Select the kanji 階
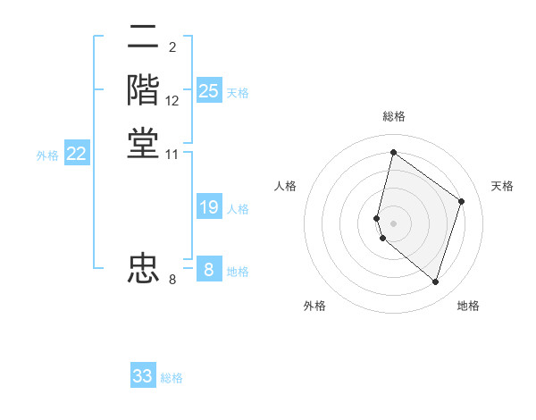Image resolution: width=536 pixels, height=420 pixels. [143, 92]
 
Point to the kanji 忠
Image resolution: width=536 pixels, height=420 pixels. [143, 268]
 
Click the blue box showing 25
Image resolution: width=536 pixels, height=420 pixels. [209, 91]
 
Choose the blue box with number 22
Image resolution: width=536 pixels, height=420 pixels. [77, 154]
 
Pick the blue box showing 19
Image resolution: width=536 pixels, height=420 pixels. [209, 207]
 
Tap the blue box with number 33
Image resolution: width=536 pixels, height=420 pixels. [143, 376]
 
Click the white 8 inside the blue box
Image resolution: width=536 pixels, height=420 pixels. [209, 269]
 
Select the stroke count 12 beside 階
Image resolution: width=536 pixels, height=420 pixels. [172, 101]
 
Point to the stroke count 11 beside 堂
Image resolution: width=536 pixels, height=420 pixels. [172, 155]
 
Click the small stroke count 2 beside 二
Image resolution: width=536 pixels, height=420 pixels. [172, 47]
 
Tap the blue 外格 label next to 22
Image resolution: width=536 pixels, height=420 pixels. [47, 155]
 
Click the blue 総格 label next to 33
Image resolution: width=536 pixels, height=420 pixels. [172, 378]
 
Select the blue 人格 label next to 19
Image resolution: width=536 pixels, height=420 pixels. [238, 209]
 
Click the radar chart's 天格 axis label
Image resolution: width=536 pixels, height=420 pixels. [502, 186]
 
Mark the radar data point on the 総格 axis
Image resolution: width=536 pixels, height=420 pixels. [393, 153]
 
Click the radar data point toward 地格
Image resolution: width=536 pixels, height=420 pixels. [435, 282]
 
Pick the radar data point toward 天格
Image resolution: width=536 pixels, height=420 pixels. [461, 201]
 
